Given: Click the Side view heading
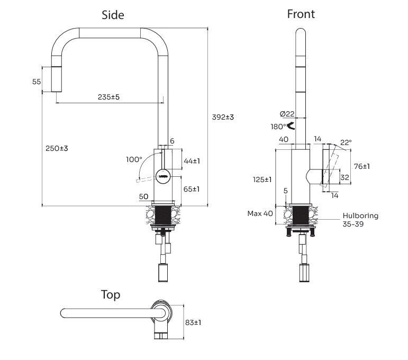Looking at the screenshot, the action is click(113, 15).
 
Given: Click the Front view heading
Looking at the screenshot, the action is click(301, 14).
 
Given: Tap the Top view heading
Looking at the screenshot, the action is click(111, 295).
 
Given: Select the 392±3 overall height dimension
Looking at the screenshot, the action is click(223, 117).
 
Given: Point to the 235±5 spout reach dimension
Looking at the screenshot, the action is click(108, 97).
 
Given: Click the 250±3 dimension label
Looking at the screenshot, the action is click(57, 148).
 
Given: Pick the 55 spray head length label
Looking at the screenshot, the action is click(37, 82).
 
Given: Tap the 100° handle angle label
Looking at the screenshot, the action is click(134, 159).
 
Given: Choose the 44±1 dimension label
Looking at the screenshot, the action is click(192, 161).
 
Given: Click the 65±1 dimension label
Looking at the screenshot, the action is click(192, 189).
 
